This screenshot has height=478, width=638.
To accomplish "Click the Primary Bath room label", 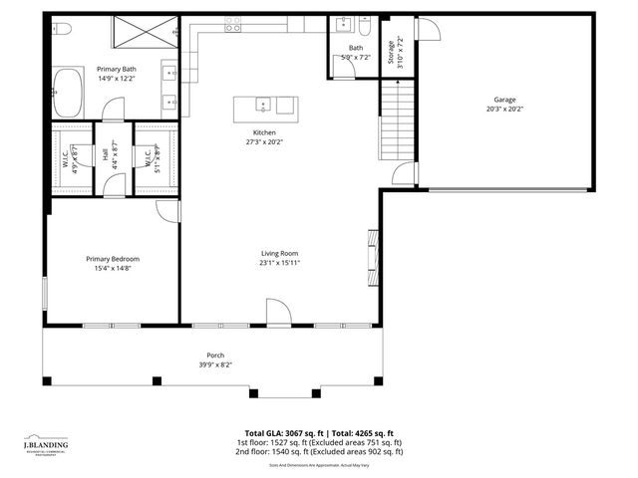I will click(116, 69).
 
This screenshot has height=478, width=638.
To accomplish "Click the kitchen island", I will click(265, 106).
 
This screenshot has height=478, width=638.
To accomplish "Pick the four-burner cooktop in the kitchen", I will click(232, 27).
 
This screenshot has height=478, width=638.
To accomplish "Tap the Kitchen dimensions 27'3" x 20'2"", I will click(264, 141).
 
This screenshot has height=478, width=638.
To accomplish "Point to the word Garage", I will click(504, 100).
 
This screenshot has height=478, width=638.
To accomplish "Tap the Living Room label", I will click(279, 253).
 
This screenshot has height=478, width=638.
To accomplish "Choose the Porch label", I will click(215, 355).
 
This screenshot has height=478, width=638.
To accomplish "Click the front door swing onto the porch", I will click(279, 314).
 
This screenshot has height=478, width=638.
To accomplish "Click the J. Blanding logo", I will click(47, 443).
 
